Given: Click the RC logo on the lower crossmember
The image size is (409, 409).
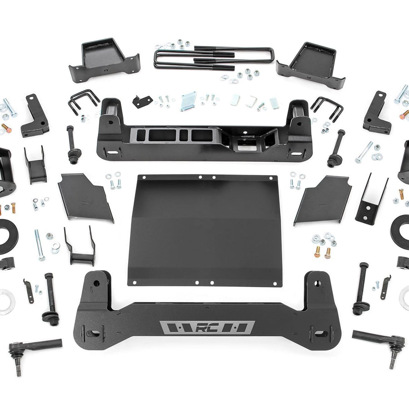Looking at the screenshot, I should (x=207, y=328).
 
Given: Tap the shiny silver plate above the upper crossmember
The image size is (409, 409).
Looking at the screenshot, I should (x=188, y=101).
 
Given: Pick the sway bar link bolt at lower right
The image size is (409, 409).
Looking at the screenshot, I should (x=362, y=289).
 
